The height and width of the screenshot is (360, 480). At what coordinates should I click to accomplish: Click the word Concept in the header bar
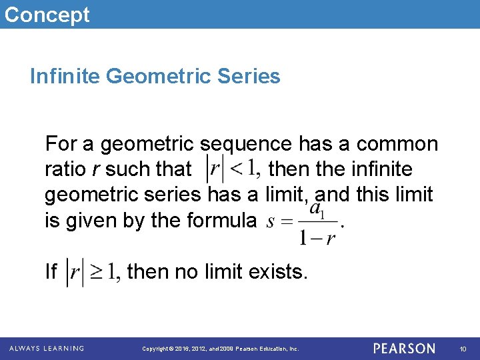pos(47,14)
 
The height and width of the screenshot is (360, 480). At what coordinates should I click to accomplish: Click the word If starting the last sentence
pos(51,272)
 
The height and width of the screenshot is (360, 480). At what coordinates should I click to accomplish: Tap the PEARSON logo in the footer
pos(404,349)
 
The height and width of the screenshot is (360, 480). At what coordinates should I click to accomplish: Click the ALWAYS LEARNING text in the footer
pos(47,349)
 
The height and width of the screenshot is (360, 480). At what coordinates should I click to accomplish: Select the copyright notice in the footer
pos(221,349)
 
